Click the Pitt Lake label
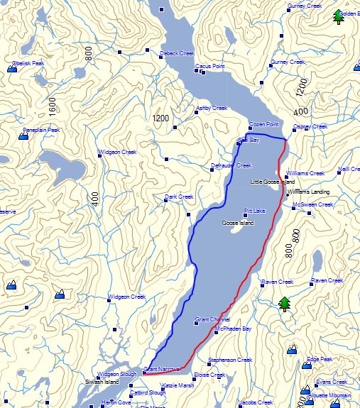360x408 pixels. pos(255,211)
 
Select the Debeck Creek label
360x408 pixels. pos(178,53)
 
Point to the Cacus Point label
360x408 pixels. pos(210,67)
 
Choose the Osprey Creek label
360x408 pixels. pos(310,126)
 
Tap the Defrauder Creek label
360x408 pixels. pos(231,165)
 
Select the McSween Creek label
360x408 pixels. pos(313,204)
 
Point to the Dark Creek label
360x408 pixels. pos(179,197)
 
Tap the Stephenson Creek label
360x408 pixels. pos(231,360)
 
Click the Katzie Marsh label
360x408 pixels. pos(178,385)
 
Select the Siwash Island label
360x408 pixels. pos(102,381)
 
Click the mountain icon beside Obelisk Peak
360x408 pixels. pos(14,69)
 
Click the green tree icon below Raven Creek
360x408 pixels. pos(285,304)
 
